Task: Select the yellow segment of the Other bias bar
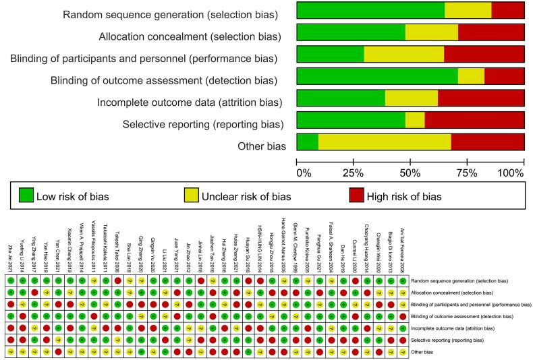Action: click(x=385, y=146)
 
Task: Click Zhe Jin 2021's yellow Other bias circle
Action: click(x=10, y=351)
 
